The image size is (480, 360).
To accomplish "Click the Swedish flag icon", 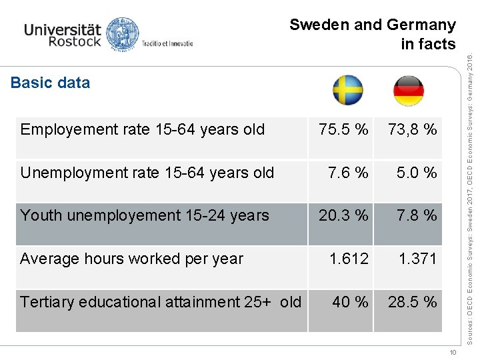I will [348, 91].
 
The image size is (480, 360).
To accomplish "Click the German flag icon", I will [408, 91].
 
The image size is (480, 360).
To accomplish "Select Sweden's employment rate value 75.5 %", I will [343, 130].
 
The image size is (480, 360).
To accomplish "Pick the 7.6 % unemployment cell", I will [348, 173].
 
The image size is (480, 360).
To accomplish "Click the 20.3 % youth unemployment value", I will [343, 216].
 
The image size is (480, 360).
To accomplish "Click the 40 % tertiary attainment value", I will [351, 302].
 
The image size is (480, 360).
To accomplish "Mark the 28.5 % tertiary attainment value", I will [413, 302].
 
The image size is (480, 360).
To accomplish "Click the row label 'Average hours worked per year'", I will [132, 259].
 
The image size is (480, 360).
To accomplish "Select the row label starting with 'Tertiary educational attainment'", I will [161, 302].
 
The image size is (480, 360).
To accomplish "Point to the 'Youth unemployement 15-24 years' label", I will [145, 216].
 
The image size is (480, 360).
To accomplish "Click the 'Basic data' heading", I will [51, 83].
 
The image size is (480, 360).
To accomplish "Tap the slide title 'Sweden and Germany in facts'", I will [373, 34].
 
